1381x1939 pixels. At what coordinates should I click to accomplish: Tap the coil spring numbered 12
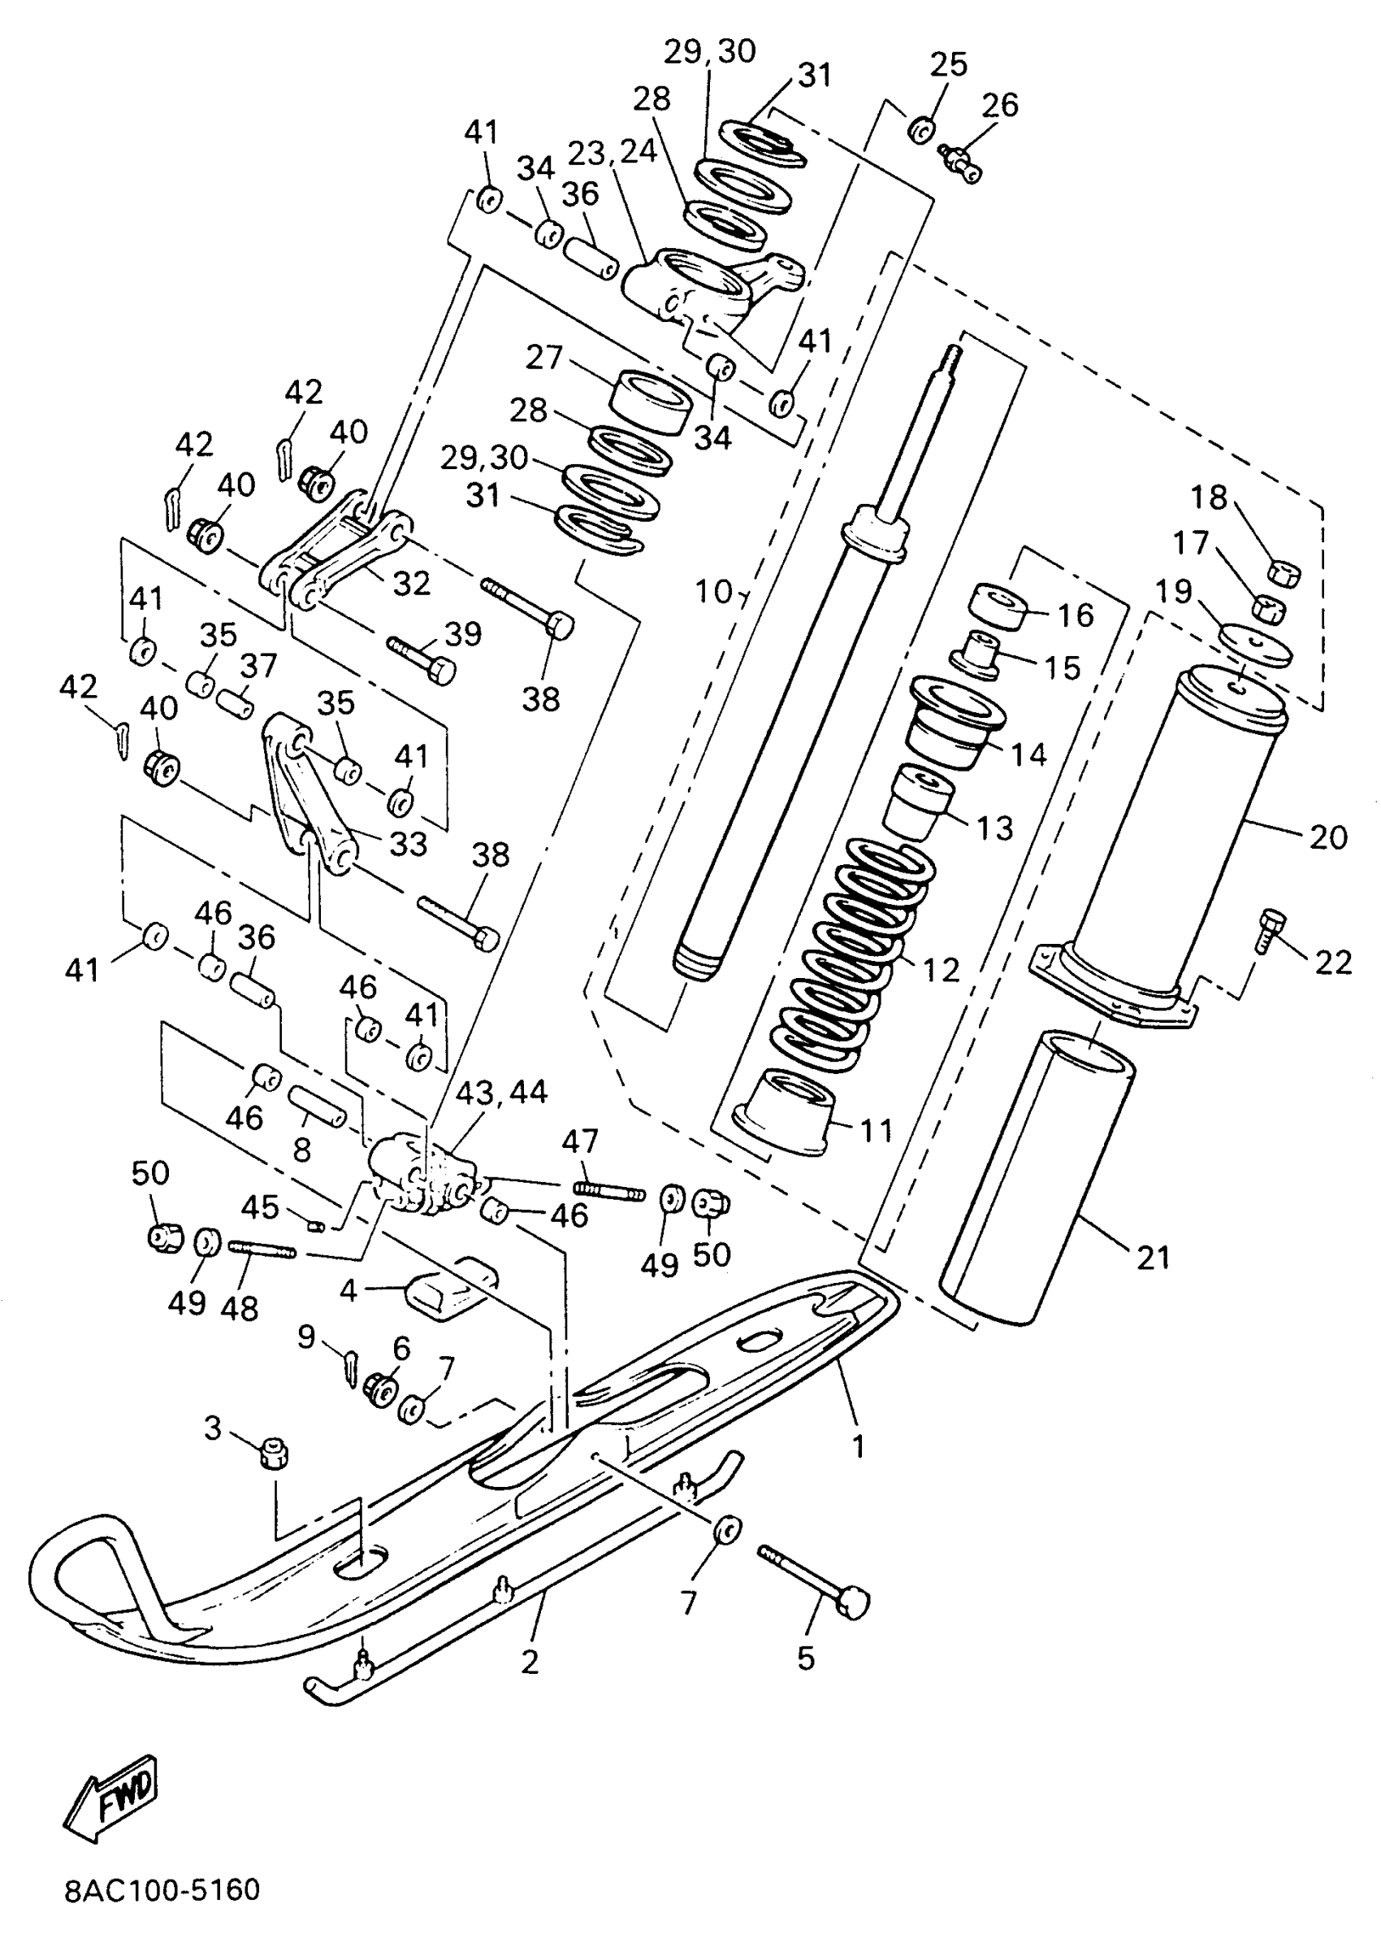click(x=851, y=953)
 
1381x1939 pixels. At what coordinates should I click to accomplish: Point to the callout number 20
click(x=1328, y=837)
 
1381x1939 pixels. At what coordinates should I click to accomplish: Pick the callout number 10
click(x=713, y=592)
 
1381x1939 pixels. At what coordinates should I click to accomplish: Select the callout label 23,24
click(x=613, y=153)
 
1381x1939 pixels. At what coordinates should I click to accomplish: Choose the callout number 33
click(x=407, y=844)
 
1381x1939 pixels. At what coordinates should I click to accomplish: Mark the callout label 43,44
click(x=502, y=1093)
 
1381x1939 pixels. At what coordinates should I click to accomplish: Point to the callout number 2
click(x=530, y=1661)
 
